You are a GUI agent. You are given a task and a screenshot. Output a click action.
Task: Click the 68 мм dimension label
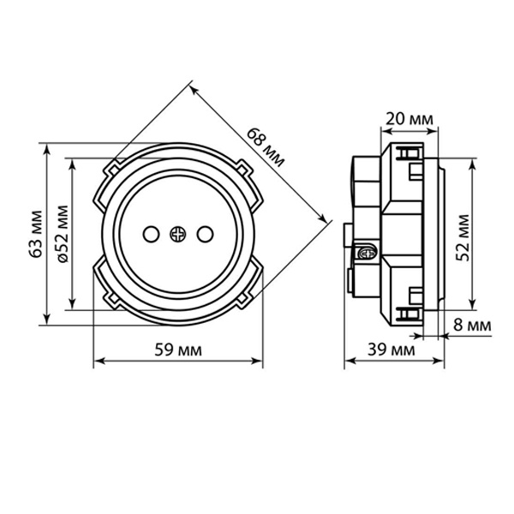click(266, 147)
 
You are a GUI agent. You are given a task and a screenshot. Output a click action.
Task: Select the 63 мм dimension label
click(36, 234)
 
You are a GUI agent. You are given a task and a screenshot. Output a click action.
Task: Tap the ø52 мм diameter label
click(63, 234)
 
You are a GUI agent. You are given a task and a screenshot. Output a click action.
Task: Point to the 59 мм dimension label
click(178, 350)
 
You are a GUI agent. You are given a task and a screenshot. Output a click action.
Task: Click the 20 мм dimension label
click(409, 119)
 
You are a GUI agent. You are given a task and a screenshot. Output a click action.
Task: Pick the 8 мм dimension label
click(472, 326)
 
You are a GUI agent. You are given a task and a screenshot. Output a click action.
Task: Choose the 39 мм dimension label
click(391, 350)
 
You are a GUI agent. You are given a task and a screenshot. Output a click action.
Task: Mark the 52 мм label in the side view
click(463, 237)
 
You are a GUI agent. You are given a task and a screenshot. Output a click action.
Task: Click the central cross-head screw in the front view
click(178, 234)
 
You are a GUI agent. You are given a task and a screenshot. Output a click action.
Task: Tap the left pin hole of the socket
click(151, 234)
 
